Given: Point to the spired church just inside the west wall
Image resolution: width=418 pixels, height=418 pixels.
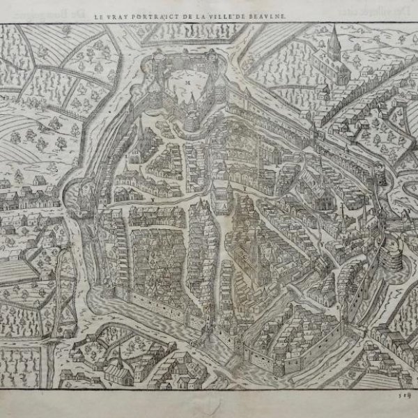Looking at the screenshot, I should (140, 136).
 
